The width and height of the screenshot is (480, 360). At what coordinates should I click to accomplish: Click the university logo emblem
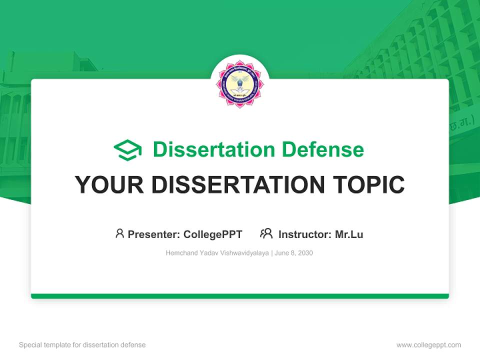(x=239, y=84)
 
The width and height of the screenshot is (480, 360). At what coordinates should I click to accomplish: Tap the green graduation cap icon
(x=127, y=150)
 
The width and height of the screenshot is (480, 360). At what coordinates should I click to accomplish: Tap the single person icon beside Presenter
(x=119, y=233)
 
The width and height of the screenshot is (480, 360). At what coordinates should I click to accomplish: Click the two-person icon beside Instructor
(x=266, y=233)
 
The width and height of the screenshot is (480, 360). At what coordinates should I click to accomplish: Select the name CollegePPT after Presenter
(x=212, y=234)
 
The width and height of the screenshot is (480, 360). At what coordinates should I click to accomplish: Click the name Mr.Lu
(x=349, y=234)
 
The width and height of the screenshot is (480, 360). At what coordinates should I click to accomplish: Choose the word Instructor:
(x=305, y=234)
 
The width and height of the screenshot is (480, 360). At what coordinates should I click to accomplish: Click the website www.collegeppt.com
(x=428, y=345)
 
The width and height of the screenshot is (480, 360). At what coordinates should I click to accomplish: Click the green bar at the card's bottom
(x=239, y=296)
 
